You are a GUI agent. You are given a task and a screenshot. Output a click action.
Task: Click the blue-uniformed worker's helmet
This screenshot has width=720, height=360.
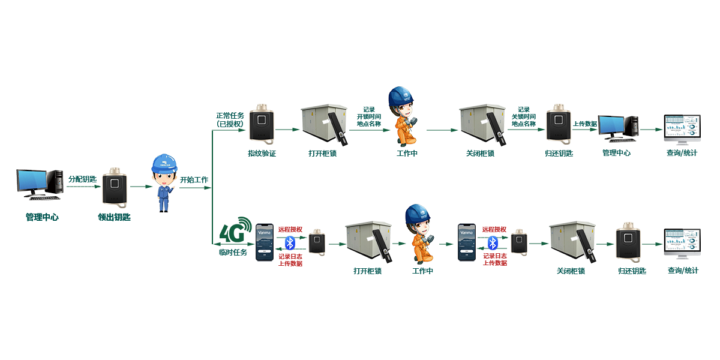point(163,163)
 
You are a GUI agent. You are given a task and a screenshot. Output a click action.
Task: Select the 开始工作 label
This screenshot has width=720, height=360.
point(194,179)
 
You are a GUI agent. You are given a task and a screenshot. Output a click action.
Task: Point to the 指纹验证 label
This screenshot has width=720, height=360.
point(262,153)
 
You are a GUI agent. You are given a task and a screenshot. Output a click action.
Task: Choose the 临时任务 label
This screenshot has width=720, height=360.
point(232,252)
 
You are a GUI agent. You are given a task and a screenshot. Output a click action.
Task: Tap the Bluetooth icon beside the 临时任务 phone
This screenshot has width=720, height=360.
point(290,242)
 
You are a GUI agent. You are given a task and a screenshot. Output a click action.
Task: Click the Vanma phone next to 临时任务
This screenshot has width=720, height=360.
point(265,242)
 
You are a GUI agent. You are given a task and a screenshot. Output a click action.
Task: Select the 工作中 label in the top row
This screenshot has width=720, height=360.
point(407,153)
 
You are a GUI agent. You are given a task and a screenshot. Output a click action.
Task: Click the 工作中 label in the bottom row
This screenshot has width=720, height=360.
point(422,271)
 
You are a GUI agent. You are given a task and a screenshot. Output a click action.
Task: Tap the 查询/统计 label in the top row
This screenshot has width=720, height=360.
point(682,153)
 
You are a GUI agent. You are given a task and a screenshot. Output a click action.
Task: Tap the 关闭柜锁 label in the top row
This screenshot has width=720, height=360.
point(480,153)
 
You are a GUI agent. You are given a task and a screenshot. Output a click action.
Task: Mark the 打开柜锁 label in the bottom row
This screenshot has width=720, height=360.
point(367,271)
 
